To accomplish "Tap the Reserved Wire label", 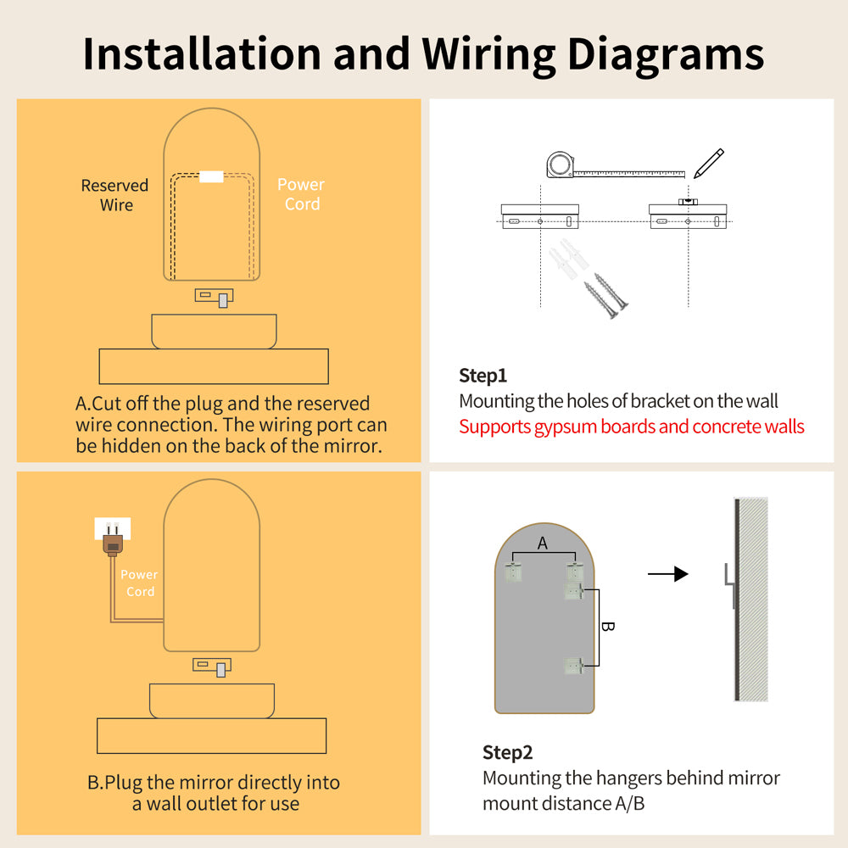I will (x=114, y=195).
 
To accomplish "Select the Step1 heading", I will (x=483, y=376).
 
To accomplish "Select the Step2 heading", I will (x=507, y=752).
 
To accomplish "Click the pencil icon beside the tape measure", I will (x=708, y=163).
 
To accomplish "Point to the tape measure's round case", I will (x=560, y=165).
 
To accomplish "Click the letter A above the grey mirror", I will (x=543, y=544).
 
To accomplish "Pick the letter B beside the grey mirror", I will (x=607, y=628).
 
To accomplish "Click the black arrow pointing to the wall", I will (x=667, y=575).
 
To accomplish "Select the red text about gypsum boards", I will (x=631, y=427).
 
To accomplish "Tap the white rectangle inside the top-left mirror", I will (x=210, y=176).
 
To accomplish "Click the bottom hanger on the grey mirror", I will (x=574, y=667).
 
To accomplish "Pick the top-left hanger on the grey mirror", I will (x=512, y=572).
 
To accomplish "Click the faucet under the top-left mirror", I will (x=215, y=298).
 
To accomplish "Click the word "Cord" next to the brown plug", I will (x=141, y=591).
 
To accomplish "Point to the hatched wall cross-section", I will (x=753, y=600).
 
